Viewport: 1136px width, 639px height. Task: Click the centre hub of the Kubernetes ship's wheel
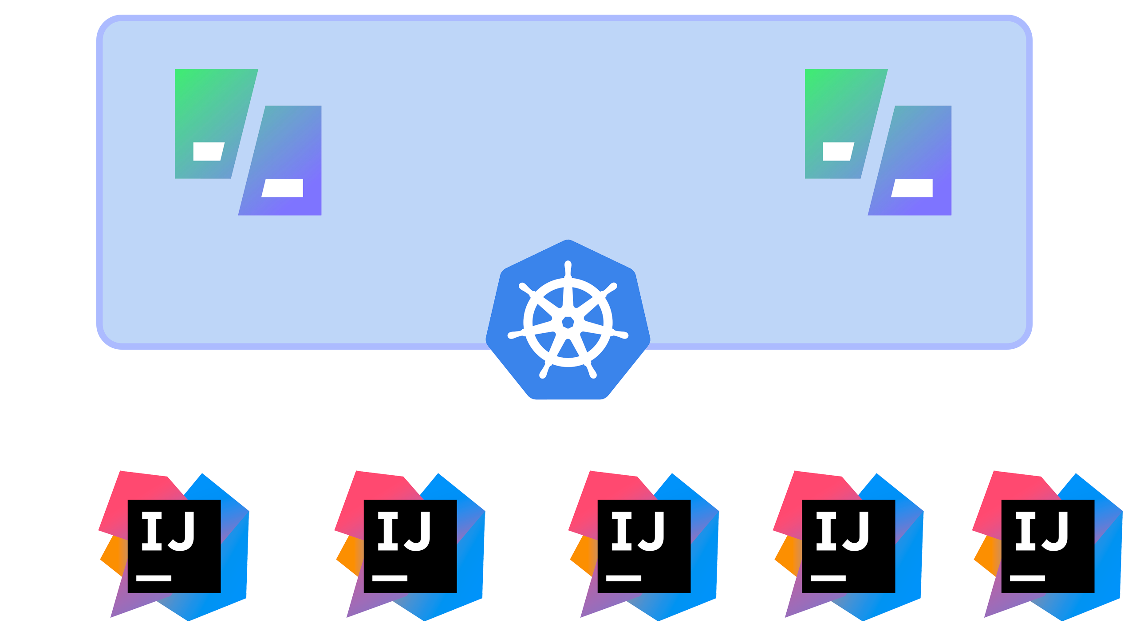tap(568, 322)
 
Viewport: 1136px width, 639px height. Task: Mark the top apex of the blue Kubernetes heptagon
tap(568, 240)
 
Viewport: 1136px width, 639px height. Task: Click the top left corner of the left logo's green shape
tap(175, 69)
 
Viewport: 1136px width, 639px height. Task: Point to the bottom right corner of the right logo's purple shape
tap(951, 215)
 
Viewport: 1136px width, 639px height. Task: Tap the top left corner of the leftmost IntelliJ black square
tap(128, 500)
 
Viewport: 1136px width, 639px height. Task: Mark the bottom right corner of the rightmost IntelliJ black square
tap(1094, 592)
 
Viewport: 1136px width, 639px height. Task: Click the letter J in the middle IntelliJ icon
tap(651, 531)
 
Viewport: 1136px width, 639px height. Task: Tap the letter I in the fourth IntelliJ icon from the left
tap(826, 531)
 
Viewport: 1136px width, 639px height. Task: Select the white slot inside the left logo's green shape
tap(209, 151)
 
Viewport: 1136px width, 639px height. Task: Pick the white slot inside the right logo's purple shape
tap(912, 188)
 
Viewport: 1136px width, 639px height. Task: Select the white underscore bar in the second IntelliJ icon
tap(390, 578)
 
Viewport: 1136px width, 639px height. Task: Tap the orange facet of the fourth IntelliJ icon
tap(788, 555)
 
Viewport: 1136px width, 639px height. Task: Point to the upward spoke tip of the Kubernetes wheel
tap(568, 264)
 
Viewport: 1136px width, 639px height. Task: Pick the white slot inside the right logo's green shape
tap(839, 151)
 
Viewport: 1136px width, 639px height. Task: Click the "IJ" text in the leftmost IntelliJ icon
tap(168, 531)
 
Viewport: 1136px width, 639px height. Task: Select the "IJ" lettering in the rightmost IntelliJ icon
tap(1042, 531)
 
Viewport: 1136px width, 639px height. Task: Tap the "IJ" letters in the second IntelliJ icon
tap(404, 531)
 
